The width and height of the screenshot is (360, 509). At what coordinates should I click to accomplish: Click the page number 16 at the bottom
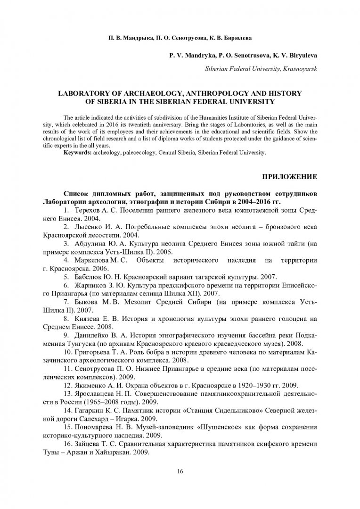[x=180, y=471]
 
